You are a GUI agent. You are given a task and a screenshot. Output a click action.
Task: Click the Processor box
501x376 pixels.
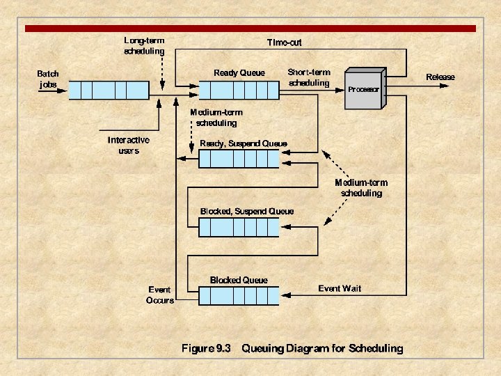[363, 89]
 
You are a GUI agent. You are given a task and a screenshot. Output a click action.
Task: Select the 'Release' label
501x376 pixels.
[440, 77]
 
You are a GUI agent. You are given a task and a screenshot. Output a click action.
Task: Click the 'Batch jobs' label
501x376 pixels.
[48, 79]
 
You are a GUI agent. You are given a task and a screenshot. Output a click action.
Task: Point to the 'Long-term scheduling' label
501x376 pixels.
[145, 45]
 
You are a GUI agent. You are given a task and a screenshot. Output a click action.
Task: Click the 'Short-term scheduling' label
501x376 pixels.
[309, 77]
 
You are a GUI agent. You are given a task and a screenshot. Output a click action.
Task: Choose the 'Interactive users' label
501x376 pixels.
[128, 145]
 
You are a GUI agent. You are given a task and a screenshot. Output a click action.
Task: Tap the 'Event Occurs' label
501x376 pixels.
[161, 295]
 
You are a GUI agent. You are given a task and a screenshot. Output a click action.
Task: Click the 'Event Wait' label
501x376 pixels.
[340, 288]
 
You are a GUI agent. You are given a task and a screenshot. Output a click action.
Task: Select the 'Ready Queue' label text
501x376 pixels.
[239, 72]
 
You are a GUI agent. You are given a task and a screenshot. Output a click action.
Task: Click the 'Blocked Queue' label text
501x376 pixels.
[239, 280]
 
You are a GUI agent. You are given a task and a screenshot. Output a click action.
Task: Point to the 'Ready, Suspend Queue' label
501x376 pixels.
[243, 143]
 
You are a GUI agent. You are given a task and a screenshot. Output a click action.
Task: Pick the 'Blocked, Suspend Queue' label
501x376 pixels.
[247, 211]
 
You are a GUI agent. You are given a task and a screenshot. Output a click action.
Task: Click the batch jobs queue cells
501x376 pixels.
[109, 90]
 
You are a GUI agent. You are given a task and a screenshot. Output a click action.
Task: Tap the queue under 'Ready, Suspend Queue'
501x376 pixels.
[238, 159]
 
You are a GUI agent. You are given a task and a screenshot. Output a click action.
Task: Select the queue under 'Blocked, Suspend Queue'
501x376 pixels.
[238, 227]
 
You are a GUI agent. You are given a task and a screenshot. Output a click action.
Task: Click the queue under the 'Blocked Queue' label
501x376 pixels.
[238, 296]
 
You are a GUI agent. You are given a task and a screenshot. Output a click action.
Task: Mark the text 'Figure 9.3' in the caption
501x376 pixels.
[206, 348]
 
